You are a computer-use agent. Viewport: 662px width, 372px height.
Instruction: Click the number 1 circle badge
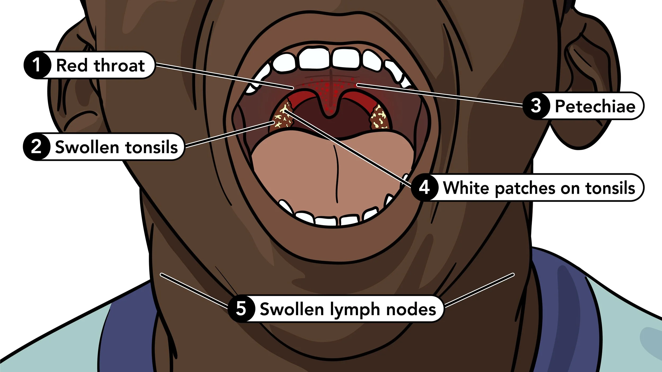pos(37,65)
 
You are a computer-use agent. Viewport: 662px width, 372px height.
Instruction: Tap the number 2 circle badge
pos(37,147)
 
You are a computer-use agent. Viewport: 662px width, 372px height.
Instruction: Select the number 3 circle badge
pos(536,106)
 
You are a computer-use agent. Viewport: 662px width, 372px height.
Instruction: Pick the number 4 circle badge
pos(424,188)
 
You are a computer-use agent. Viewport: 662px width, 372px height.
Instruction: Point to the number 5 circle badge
pos(241,309)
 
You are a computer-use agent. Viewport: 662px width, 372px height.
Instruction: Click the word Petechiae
pos(595,106)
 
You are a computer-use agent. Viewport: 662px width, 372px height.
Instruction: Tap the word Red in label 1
pos(72,65)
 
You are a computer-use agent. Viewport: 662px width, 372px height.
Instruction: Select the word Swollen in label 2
pos(87,147)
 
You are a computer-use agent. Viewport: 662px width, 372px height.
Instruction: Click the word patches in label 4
pos(525,188)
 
